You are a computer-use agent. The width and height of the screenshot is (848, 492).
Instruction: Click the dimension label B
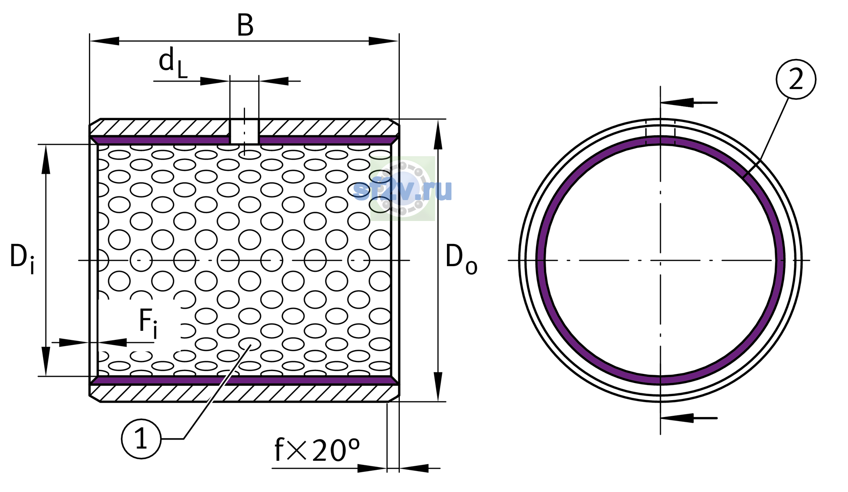(x=245, y=25)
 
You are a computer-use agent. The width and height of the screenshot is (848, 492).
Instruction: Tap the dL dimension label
(x=173, y=62)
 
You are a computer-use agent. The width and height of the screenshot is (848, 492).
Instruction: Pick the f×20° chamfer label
(x=317, y=450)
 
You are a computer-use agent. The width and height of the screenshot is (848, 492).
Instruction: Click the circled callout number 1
(x=141, y=439)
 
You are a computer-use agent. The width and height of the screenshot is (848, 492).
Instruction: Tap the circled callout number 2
(x=796, y=79)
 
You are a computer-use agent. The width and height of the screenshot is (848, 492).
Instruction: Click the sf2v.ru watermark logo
(x=403, y=189)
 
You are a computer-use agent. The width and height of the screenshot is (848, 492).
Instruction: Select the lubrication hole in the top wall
(x=244, y=131)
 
